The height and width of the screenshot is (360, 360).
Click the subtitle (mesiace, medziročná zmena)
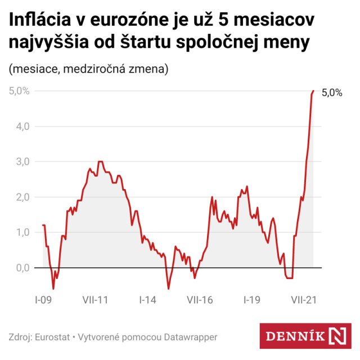88,69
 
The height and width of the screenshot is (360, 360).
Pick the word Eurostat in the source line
52,337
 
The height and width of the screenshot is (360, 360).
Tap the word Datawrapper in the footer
191,337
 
